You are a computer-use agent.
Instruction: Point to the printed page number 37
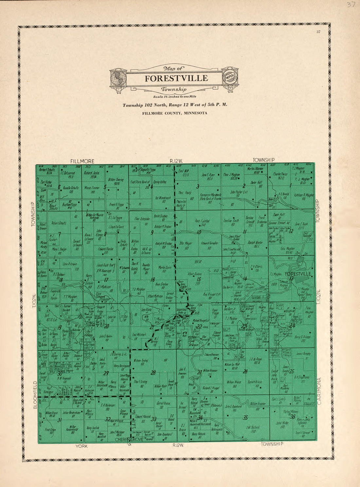point(318,32)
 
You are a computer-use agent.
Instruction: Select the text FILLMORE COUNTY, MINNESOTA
point(174,113)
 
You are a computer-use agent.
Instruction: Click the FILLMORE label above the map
point(82,161)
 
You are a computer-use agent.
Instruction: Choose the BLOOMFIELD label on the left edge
point(35,395)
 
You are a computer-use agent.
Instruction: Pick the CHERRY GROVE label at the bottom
point(129,440)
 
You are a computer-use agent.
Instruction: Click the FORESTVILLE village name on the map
point(298,273)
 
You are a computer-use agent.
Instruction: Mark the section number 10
point(199,232)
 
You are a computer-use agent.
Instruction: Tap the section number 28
point(153,373)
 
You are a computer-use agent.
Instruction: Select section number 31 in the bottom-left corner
point(60,420)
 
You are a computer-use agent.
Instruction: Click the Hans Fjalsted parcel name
point(202,222)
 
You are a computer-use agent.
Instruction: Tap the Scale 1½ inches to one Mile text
point(174,97)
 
